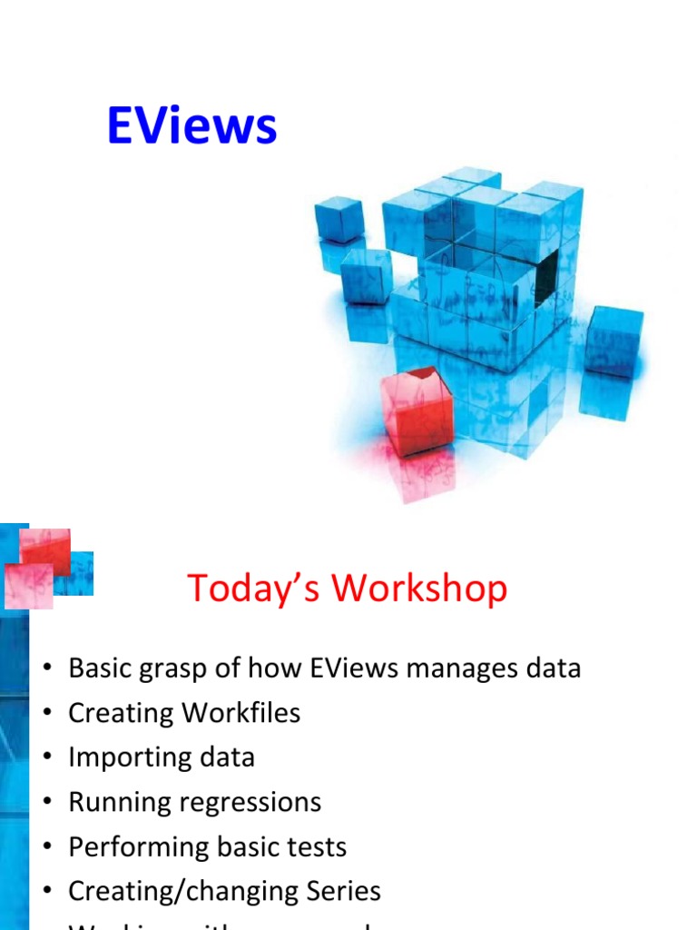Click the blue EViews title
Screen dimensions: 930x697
tap(191, 125)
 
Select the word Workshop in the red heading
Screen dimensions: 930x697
tap(418, 589)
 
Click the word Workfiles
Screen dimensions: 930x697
tap(241, 713)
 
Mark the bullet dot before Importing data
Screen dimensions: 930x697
tap(47, 758)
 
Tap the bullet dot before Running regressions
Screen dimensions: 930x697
tap(47, 803)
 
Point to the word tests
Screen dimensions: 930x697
tap(312, 847)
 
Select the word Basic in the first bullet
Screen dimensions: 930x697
tap(102, 668)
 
